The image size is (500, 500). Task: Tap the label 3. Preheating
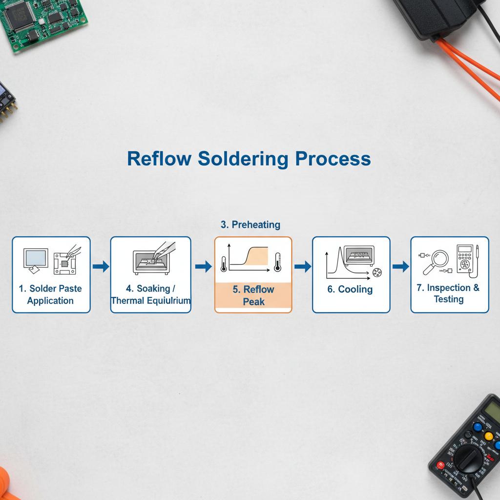250,225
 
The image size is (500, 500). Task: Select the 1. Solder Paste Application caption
50,294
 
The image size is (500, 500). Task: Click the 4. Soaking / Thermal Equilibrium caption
150,294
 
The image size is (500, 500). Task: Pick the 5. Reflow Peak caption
253,295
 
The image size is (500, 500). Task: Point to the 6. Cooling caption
350,290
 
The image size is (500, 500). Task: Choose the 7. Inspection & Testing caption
448,293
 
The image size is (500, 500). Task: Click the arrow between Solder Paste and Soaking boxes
101,266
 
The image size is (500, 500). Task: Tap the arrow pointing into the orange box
203,266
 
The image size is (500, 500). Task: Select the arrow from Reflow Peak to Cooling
303,266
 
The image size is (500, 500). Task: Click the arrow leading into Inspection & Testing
400,266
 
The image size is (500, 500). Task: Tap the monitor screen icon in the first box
36,257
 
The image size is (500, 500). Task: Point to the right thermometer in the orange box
278,262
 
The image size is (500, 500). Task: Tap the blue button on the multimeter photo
478,426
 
